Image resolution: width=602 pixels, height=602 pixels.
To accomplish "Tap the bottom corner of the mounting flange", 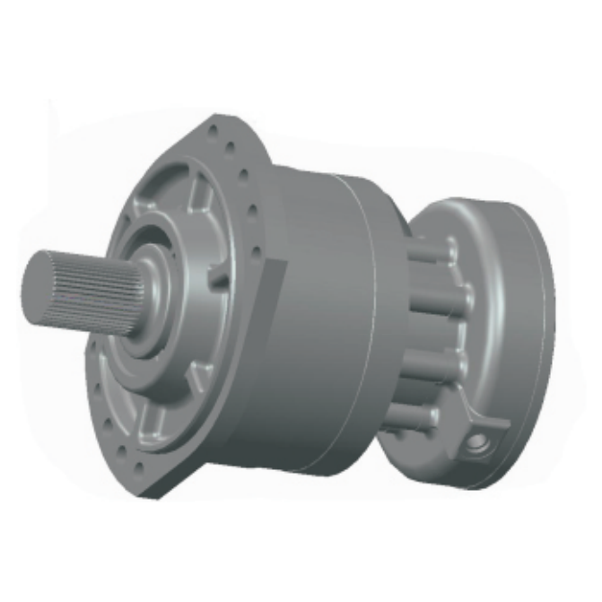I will (x=148, y=489).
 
